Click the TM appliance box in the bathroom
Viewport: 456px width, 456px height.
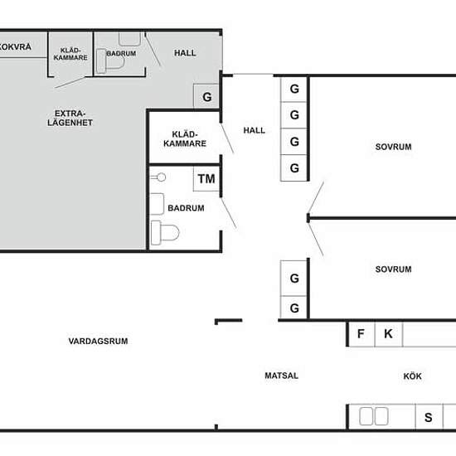point(206,178)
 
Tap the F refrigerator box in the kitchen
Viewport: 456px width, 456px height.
point(361,334)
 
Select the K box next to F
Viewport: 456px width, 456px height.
point(389,334)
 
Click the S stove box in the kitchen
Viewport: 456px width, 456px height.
point(429,417)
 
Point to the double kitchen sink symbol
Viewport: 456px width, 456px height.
point(374,416)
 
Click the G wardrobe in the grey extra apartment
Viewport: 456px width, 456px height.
point(206,96)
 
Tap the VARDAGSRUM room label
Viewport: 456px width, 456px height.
point(99,341)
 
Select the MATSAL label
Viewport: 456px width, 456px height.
point(282,376)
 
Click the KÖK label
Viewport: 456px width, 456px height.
point(412,376)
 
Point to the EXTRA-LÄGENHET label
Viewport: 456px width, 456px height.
point(70,118)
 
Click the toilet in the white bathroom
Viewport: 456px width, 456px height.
point(165,233)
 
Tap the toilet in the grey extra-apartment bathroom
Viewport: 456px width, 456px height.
point(110,61)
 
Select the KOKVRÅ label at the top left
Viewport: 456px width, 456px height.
point(16,46)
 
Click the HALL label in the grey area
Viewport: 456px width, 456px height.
point(185,53)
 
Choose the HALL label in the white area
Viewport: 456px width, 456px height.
point(255,130)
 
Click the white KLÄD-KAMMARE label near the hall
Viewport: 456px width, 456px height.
point(185,139)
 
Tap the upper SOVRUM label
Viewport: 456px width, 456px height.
point(393,147)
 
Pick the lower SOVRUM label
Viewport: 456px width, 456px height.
point(393,269)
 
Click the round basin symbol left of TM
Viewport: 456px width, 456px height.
point(158,177)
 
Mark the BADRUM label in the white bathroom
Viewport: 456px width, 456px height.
point(186,208)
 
